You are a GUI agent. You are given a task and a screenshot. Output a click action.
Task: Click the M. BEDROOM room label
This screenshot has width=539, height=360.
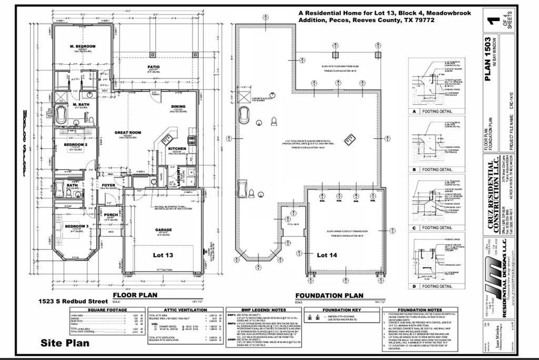click(x=83, y=46)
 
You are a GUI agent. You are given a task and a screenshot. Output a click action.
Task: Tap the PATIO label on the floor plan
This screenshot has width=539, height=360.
click(x=154, y=67)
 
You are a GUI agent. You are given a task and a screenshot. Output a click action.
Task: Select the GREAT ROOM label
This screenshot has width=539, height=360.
click(x=128, y=133)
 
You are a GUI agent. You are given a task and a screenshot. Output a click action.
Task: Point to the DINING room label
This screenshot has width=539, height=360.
click(x=178, y=107)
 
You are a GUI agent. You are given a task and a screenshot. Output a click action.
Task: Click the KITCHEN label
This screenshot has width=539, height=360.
click(x=177, y=149)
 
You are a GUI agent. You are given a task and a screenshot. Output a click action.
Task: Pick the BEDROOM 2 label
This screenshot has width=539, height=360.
click(x=75, y=144)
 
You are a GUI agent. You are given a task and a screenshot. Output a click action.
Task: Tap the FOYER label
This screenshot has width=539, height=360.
click(x=108, y=185)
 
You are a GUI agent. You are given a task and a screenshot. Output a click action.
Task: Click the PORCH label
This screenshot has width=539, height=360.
click(x=111, y=215)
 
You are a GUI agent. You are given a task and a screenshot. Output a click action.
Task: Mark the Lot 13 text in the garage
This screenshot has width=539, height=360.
click(x=163, y=255)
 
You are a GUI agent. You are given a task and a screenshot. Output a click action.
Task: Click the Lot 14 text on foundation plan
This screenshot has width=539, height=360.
click(x=330, y=255)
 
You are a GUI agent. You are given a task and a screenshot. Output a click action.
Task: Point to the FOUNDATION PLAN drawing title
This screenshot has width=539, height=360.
click(x=329, y=296)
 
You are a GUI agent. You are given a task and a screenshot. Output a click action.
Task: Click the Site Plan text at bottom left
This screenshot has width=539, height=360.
click(x=65, y=343)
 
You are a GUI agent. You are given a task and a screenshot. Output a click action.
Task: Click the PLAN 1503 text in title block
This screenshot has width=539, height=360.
click(x=488, y=58)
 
